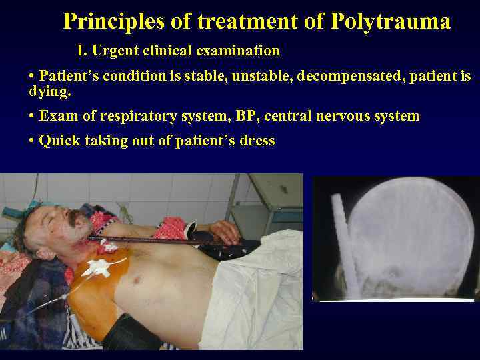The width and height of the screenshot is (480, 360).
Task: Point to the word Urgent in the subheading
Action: tap(114, 51)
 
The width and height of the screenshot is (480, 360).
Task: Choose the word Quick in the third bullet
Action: tap(58, 141)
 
